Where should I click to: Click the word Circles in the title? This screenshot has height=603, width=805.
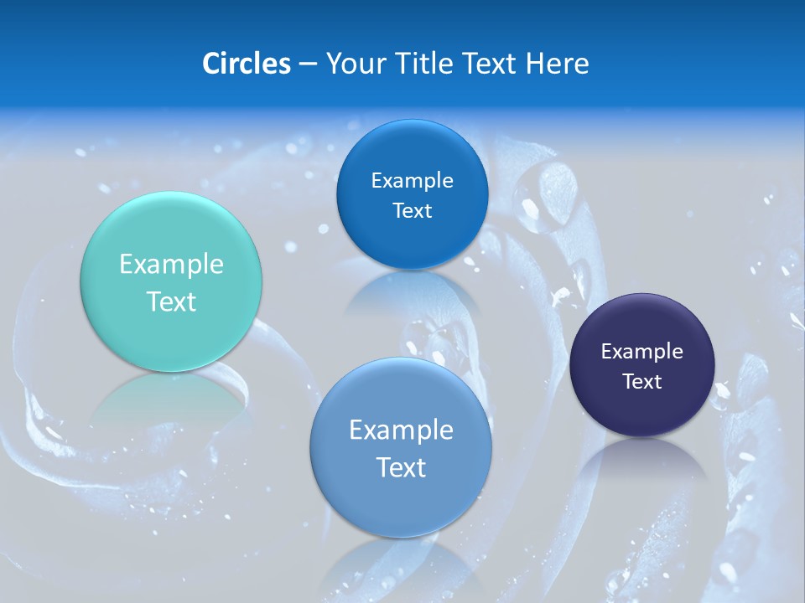(x=247, y=64)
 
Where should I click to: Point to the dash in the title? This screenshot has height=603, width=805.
(x=308, y=64)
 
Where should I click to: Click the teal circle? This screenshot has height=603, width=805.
(x=171, y=281)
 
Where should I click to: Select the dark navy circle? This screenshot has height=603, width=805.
(x=642, y=365)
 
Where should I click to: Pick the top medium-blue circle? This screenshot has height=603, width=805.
(x=412, y=194)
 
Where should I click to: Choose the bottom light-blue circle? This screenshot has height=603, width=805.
(x=401, y=447)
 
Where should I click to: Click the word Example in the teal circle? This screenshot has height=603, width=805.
(x=171, y=265)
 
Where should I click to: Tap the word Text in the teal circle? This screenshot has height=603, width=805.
(x=171, y=301)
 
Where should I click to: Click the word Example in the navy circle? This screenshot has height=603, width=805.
(x=642, y=352)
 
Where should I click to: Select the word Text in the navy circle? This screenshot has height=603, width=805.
(x=642, y=382)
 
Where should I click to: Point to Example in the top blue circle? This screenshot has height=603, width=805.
(x=412, y=181)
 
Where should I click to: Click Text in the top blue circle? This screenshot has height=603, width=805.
(x=412, y=211)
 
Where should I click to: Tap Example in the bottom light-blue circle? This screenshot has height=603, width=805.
(x=401, y=430)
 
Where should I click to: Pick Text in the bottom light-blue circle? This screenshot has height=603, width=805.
(x=401, y=467)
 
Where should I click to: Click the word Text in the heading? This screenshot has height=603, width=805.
(x=490, y=64)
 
